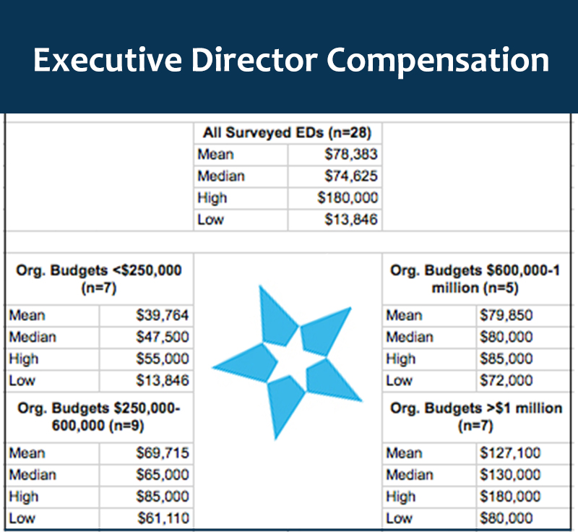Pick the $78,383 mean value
coord(351,155)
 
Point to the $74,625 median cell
coord(351,176)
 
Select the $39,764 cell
coord(163,315)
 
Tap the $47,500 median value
coord(163,337)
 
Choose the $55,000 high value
coord(163,359)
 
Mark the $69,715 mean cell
coord(163,453)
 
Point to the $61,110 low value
coord(163,518)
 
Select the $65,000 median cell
coord(163,475)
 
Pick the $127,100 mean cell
coord(510,453)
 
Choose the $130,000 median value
coord(510,475)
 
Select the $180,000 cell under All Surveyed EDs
coord(348,198)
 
